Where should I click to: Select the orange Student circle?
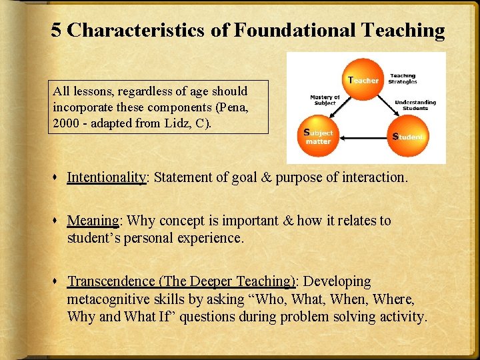(408, 136)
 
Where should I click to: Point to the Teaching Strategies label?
(403, 79)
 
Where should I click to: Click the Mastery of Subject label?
(325, 100)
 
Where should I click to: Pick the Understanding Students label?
(415, 105)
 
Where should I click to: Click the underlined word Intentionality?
(106, 177)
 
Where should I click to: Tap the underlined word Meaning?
(93, 220)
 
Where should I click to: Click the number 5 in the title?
(57, 30)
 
